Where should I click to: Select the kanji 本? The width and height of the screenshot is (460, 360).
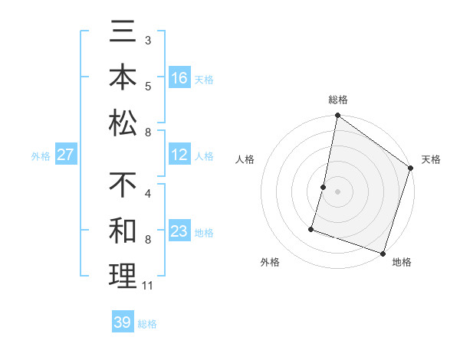(x=123, y=78)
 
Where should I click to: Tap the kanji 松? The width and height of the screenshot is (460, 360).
(x=123, y=123)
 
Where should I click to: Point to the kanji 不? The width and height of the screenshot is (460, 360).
(x=123, y=186)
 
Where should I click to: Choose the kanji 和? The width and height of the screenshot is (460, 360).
(x=123, y=231)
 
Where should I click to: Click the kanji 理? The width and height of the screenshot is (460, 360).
(x=123, y=276)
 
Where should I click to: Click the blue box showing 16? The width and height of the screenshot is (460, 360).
(x=179, y=78)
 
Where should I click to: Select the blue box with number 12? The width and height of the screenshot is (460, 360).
(x=179, y=155)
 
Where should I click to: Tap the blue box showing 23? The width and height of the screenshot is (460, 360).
(x=179, y=231)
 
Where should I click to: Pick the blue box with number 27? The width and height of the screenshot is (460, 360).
(x=66, y=155)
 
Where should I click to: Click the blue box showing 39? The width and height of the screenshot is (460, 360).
(x=123, y=322)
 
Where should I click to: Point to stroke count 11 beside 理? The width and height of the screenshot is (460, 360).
(x=148, y=286)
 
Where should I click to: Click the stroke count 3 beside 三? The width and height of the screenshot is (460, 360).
(x=148, y=39)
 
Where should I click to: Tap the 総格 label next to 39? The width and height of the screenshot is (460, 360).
(x=147, y=324)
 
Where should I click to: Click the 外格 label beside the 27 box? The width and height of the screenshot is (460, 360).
(x=41, y=156)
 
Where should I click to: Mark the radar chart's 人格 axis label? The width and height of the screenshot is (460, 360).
(x=245, y=159)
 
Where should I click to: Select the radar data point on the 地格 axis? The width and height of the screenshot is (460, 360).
(x=383, y=253)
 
